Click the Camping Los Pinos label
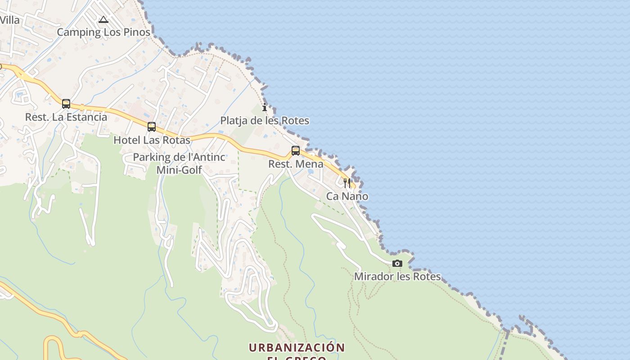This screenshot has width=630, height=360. [103, 32]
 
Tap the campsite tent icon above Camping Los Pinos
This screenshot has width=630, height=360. [103, 19]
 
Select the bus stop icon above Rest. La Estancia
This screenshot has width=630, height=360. [66, 104]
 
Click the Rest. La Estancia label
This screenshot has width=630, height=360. [66, 117]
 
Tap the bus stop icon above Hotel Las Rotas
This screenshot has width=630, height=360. [152, 127]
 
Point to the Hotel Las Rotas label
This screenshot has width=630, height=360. [152, 140]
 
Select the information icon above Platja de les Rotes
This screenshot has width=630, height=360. [265, 108]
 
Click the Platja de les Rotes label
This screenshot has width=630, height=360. [265, 121]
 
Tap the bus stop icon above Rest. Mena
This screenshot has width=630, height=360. [296, 151]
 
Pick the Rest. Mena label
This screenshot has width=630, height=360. [296, 164]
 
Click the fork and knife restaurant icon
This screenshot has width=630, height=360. [347, 183]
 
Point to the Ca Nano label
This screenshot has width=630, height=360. [347, 196]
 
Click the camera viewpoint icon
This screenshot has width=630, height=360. [397, 263]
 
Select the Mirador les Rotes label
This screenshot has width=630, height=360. [397, 276]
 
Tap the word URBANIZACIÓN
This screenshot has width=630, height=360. [297, 348]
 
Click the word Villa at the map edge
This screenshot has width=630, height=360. [10, 20]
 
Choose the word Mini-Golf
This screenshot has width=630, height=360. [179, 170]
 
